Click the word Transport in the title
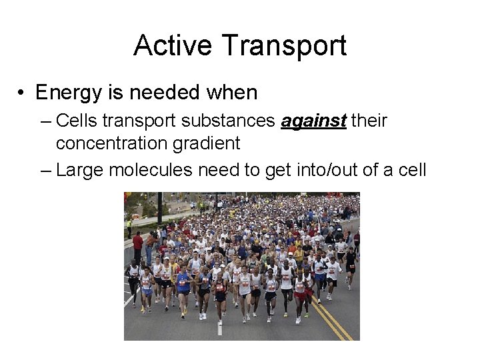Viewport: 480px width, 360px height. (x=284, y=46)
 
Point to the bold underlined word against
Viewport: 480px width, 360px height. (x=313, y=121)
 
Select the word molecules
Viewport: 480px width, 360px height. (x=153, y=170)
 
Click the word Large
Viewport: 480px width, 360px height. (x=79, y=170)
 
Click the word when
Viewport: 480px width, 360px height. (x=231, y=92)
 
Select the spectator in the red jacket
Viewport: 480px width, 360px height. (x=138, y=244)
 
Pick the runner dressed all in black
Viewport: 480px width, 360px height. (x=350, y=263)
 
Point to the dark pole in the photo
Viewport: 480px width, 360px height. (x=160, y=207)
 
